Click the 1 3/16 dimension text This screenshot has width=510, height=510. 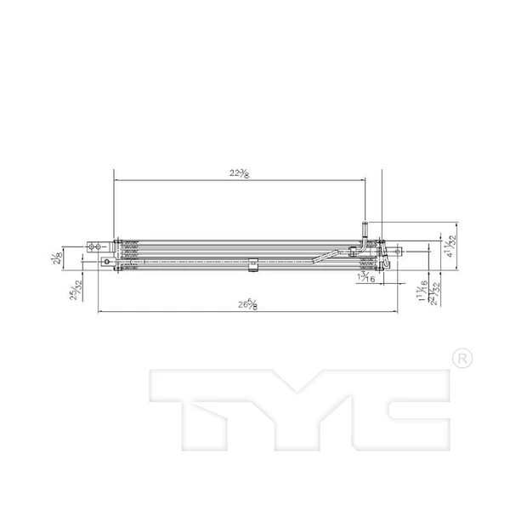pyautogui.click(x=367, y=276)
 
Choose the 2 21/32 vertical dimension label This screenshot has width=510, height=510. pyautogui.click(x=433, y=294)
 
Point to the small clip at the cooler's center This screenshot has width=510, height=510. pyautogui.click(x=252, y=268)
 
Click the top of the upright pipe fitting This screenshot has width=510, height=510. pyautogui.click(x=365, y=224)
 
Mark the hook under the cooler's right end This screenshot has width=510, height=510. pyautogui.click(x=377, y=271)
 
